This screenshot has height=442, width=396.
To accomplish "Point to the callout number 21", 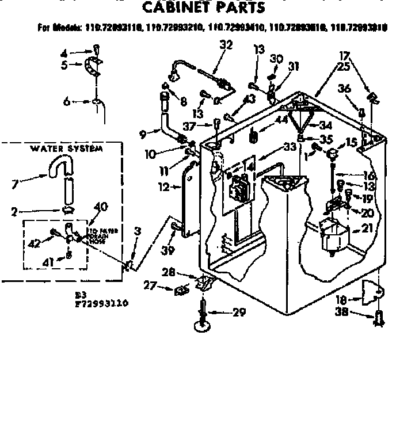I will pyautogui.click(x=367, y=228).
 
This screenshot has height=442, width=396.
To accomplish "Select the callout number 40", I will pyautogui.click(x=100, y=206).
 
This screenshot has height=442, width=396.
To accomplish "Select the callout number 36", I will pyautogui.click(x=344, y=88).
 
